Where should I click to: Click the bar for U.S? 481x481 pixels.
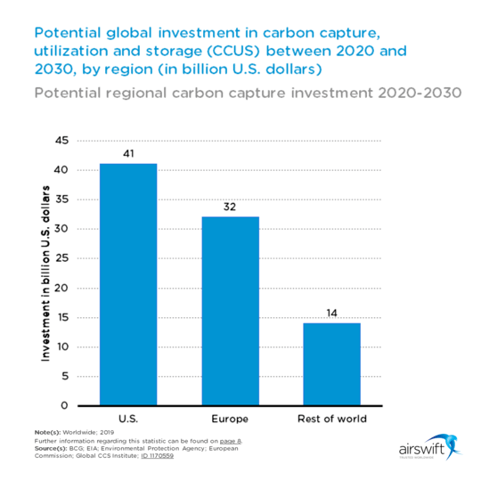128,284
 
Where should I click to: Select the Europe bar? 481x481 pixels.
230,311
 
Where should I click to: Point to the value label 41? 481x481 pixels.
128,154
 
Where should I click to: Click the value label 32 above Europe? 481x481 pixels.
230,207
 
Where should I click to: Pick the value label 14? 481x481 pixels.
331,313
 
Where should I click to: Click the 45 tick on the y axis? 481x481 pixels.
62,141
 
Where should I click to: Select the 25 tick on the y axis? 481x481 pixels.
62,258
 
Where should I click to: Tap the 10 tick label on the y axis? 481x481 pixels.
62,346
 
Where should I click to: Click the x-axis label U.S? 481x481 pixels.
128,418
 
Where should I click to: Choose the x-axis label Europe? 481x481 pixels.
230,418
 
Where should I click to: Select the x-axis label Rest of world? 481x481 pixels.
331,418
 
